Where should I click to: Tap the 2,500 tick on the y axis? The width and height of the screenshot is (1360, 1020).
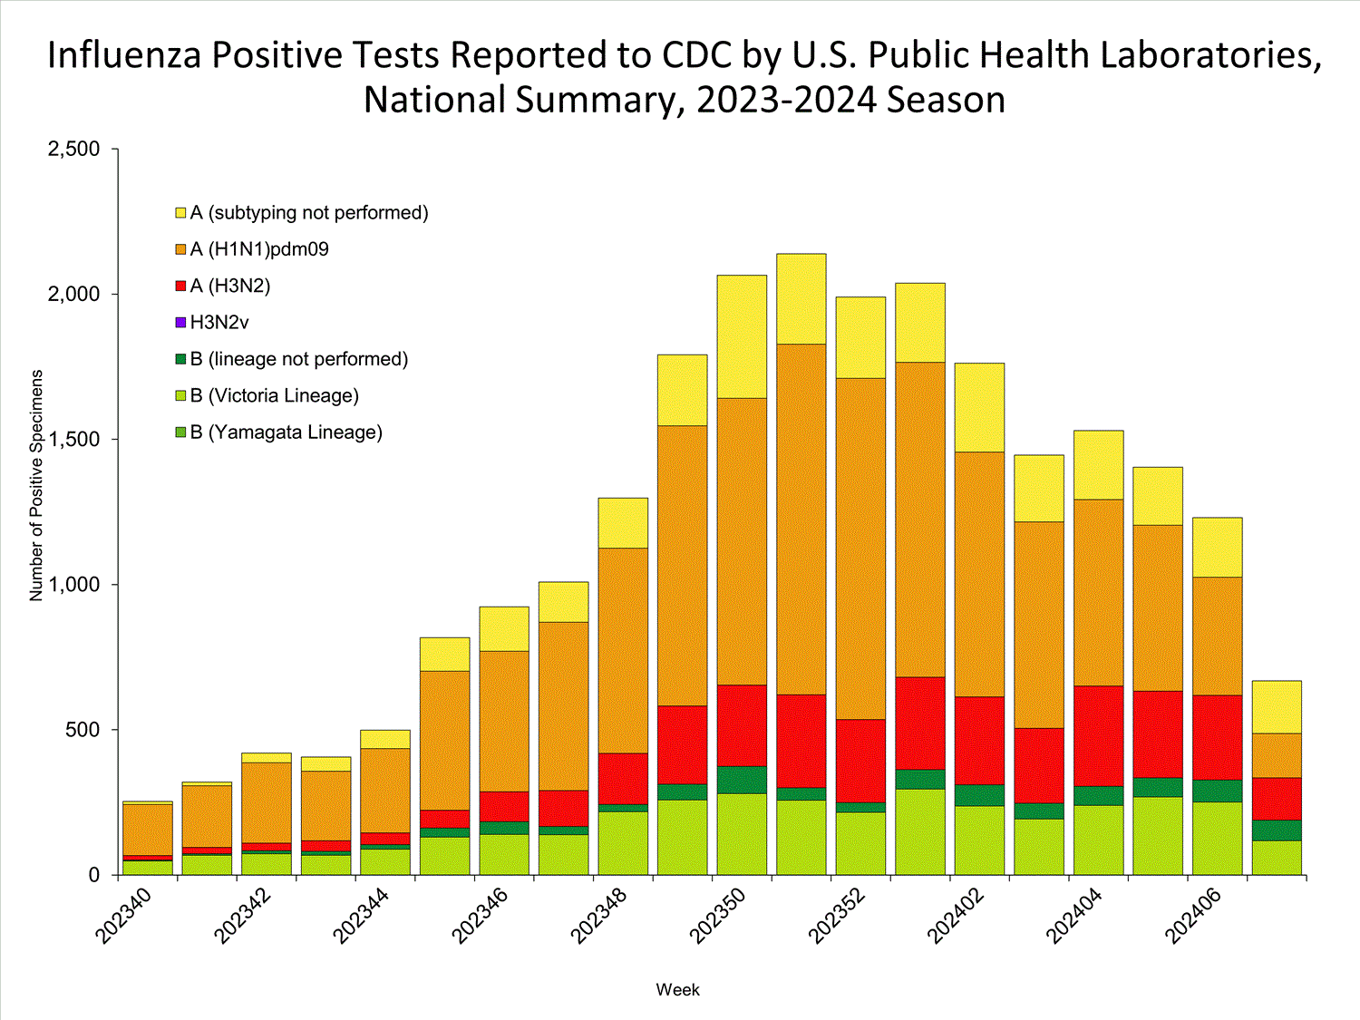(x=73, y=149)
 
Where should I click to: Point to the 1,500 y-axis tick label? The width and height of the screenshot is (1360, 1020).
(x=73, y=440)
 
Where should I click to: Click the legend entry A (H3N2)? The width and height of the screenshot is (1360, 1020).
(x=229, y=287)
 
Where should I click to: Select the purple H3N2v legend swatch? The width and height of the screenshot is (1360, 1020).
(x=180, y=323)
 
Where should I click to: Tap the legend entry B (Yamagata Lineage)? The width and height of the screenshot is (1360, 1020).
(x=286, y=432)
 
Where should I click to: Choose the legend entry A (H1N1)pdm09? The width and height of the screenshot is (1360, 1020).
(x=258, y=249)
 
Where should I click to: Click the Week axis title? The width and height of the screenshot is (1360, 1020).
(x=677, y=990)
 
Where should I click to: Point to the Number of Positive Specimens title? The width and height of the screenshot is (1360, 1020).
(x=36, y=485)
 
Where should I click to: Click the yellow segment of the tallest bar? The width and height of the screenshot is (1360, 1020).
(x=801, y=298)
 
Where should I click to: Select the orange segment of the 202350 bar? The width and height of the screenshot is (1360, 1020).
(x=742, y=540)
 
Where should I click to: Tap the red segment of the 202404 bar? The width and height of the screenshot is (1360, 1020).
(x=1098, y=735)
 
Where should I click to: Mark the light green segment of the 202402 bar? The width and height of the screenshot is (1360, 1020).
(x=979, y=840)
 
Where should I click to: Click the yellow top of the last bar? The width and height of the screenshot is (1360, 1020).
(x=1276, y=706)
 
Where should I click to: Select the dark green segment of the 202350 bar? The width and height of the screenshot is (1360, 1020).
(x=742, y=780)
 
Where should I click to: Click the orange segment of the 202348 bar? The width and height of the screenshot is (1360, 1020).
(x=623, y=650)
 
